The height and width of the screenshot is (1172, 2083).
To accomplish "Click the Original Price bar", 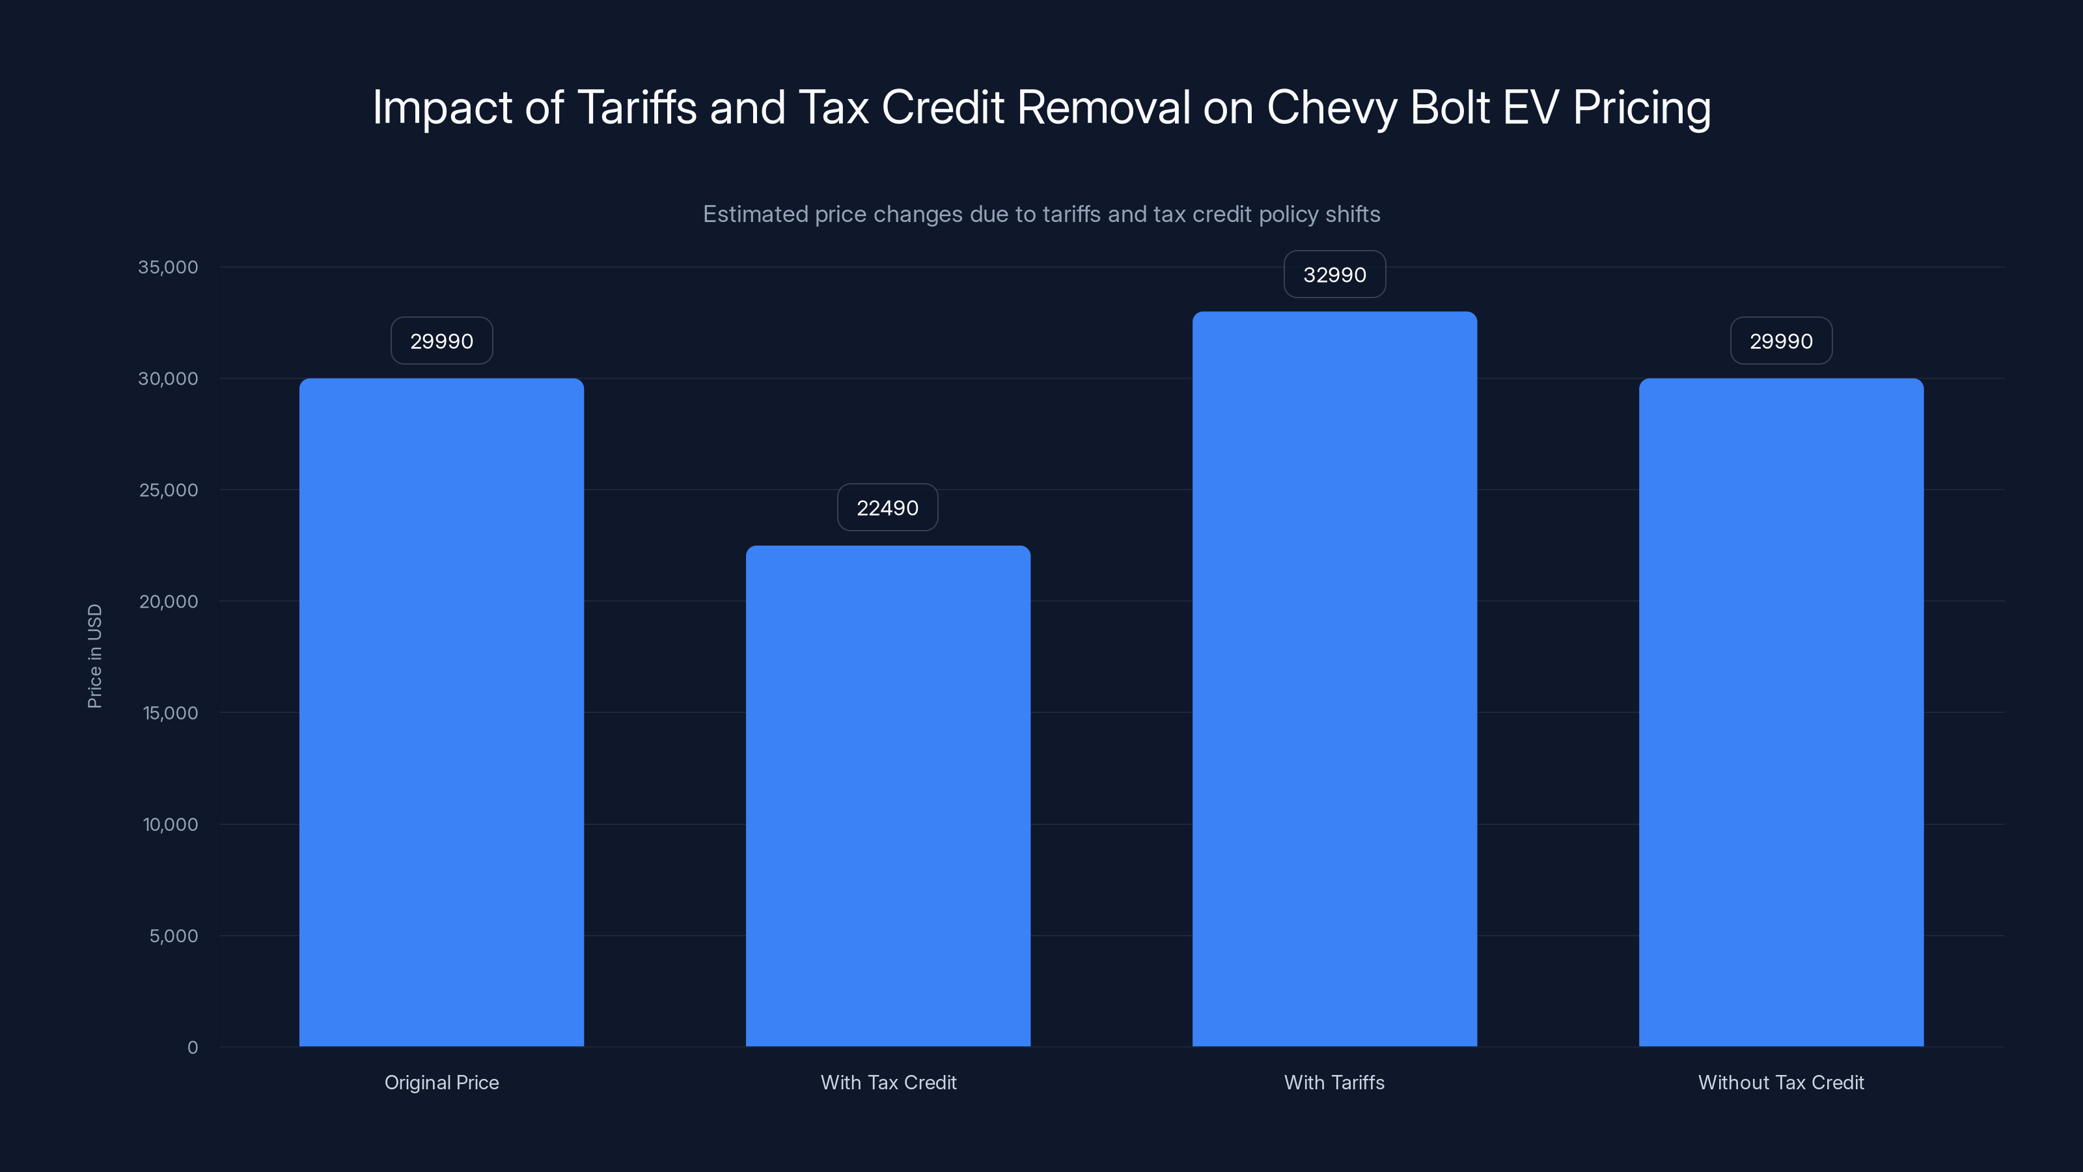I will point(441,712).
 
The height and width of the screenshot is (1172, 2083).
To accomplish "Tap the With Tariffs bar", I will point(1334,679).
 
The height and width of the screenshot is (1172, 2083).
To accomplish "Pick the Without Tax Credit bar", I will point(1780,712).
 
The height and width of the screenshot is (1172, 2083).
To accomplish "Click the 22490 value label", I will point(887,508).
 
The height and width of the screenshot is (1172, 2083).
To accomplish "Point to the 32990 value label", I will point(1334,275).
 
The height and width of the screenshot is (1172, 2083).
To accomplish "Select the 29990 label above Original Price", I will point(441,341).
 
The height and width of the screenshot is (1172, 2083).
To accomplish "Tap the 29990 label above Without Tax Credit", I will point(1780,341).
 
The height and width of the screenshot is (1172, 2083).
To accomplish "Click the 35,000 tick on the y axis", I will point(167,268).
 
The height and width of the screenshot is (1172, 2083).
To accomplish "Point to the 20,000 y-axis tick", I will point(168,602).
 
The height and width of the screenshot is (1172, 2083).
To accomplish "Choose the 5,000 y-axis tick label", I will point(173,936).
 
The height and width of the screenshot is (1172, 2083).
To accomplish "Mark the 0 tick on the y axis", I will point(193,1048).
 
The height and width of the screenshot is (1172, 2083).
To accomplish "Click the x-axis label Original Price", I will point(441,1082).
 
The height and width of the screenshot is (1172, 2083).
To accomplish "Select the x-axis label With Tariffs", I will point(1334,1082).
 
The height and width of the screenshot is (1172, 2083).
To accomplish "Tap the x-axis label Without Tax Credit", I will point(1780,1082).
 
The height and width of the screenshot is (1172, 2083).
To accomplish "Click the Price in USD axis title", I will point(94,656).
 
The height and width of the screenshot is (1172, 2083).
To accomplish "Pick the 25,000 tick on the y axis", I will point(168,490).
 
